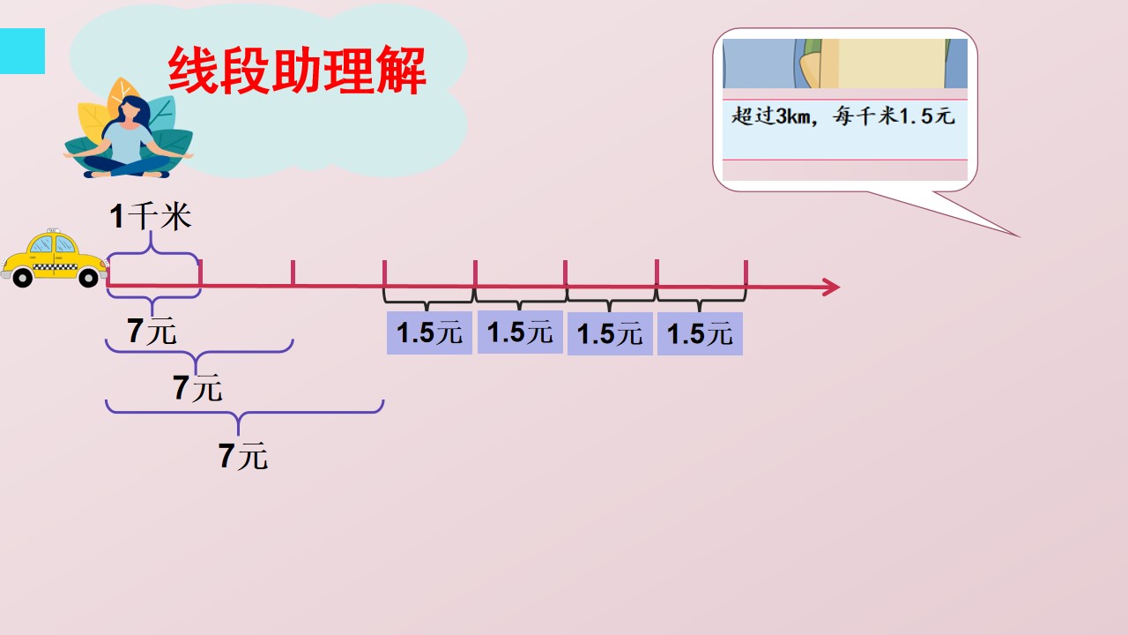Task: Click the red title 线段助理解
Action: (297, 70)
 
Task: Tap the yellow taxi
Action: (54, 258)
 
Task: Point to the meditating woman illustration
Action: (129, 137)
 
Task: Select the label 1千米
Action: (150, 216)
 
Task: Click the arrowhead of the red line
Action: (831, 287)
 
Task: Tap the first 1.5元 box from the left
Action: (429, 333)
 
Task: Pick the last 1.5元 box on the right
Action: (700, 334)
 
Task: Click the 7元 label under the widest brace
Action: (242, 456)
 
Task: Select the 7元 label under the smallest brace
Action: (152, 331)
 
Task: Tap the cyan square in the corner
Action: (22, 51)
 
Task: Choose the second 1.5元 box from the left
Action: (520, 332)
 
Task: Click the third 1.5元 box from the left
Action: (610, 334)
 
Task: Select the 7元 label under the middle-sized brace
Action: (197, 387)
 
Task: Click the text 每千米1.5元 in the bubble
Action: (894, 116)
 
